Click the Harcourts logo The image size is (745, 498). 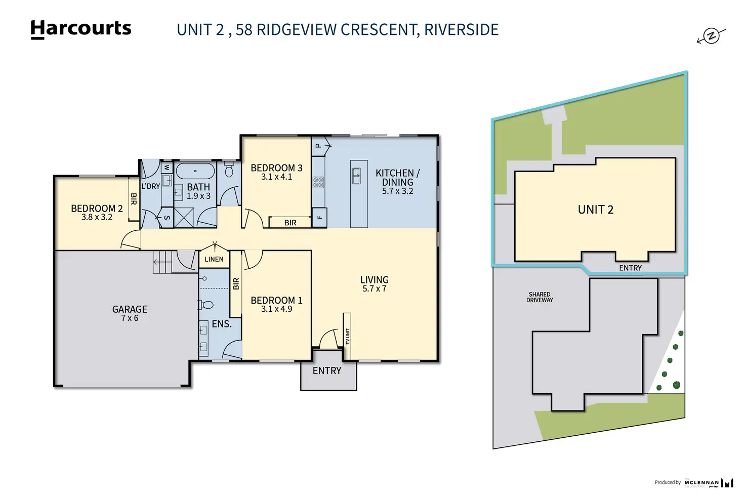coord(81,28)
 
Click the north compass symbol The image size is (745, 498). coord(712,36)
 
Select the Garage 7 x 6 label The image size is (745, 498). coord(130,313)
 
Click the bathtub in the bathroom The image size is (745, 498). coord(195,171)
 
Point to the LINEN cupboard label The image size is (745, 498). coord(214,259)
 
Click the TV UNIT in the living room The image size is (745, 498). coord(347,336)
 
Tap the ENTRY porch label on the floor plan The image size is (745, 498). coord(327,371)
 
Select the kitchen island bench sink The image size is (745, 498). coord(356,175)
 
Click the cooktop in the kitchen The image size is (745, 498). coord(318,182)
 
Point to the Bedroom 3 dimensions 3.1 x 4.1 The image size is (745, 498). coord(277,177)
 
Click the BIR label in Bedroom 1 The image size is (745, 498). coord(236,284)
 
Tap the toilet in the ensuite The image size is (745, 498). coord(207,305)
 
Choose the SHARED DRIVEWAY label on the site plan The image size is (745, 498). coord(540,297)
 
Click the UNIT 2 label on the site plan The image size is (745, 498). coord(596,210)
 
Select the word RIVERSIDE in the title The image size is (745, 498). coord(461,30)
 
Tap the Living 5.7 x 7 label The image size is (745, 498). coord(375,284)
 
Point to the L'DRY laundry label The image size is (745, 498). coord(150,186)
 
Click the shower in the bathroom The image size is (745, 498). coord(184,217)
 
